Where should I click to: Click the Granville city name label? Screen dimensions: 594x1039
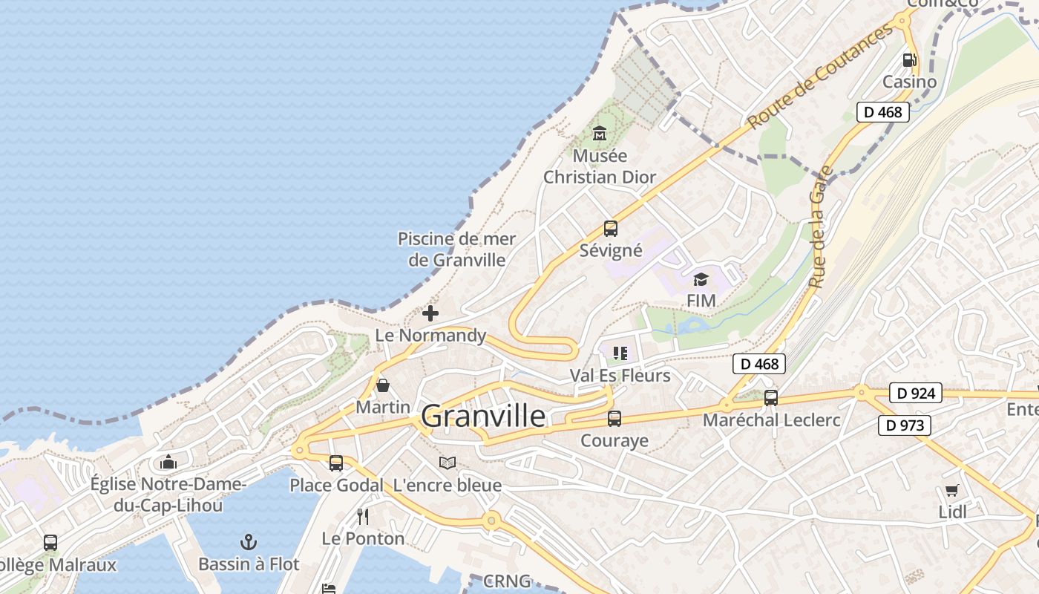click(x=483, y=416)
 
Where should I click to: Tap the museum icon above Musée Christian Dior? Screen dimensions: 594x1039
click(x=600, y=134)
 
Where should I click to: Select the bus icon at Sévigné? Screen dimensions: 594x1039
click(x=611, y=229)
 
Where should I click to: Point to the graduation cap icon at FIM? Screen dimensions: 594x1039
click(x=701, y=279)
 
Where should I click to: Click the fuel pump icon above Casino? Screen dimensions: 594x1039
click(x=909, y=60)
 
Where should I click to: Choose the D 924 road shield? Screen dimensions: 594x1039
click(x=915, y=394)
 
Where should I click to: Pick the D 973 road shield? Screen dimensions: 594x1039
click(x=905, y=425)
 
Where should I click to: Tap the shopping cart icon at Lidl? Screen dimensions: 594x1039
click(x=952, y=490)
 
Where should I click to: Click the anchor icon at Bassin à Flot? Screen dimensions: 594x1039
click(x=249, y=542)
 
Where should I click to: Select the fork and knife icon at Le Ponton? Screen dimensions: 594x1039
click(x=363, y=516)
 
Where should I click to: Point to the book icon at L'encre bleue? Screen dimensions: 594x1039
click(x=447, y=463)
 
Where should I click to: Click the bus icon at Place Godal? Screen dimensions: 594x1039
click(x=336, y=463)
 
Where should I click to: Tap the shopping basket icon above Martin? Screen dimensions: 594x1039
click(x=383, y=385)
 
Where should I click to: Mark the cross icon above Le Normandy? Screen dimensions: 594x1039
click(x=430, y=313)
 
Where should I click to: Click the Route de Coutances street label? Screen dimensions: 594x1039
click(x=820, y=76)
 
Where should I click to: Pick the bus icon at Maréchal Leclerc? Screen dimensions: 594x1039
click(x=771, y=398)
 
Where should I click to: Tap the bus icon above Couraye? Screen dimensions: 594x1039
click(x=614, y=419)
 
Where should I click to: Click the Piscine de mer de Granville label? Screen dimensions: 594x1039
click(x=456, y=249)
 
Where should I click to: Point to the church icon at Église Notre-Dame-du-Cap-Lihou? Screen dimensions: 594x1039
click(x=168, y=463)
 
